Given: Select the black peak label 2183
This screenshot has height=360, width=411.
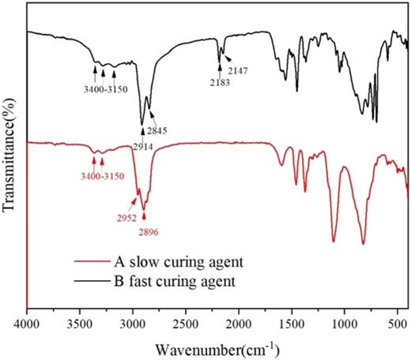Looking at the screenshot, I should [x=217, y=81].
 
